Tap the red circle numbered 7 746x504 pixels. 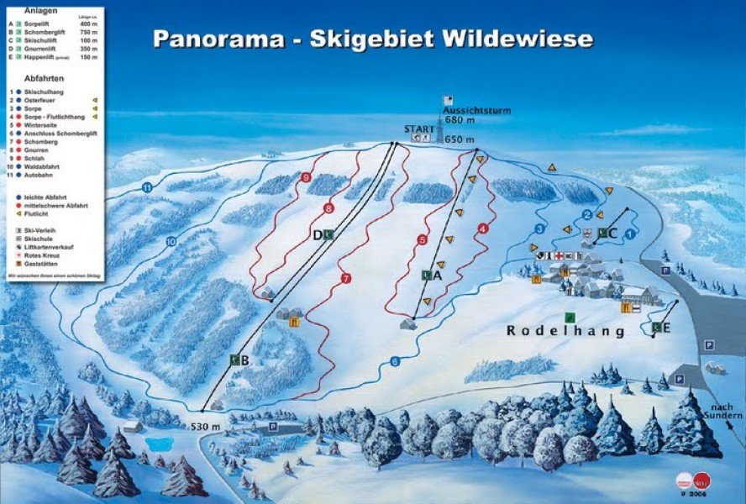click(345, 278)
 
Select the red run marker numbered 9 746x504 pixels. click(306, 178)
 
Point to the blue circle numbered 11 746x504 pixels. click(149, 187)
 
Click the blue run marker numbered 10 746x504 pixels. click(171, 242)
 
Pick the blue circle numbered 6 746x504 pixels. click(394, 362)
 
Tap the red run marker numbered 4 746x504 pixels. click(482, 228)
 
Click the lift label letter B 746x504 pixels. click(243, 360)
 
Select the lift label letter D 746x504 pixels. click(318, 235)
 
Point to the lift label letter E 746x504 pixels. click(666, 327)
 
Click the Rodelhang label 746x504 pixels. click(565, 332)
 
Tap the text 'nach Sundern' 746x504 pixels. click(725, 411)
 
